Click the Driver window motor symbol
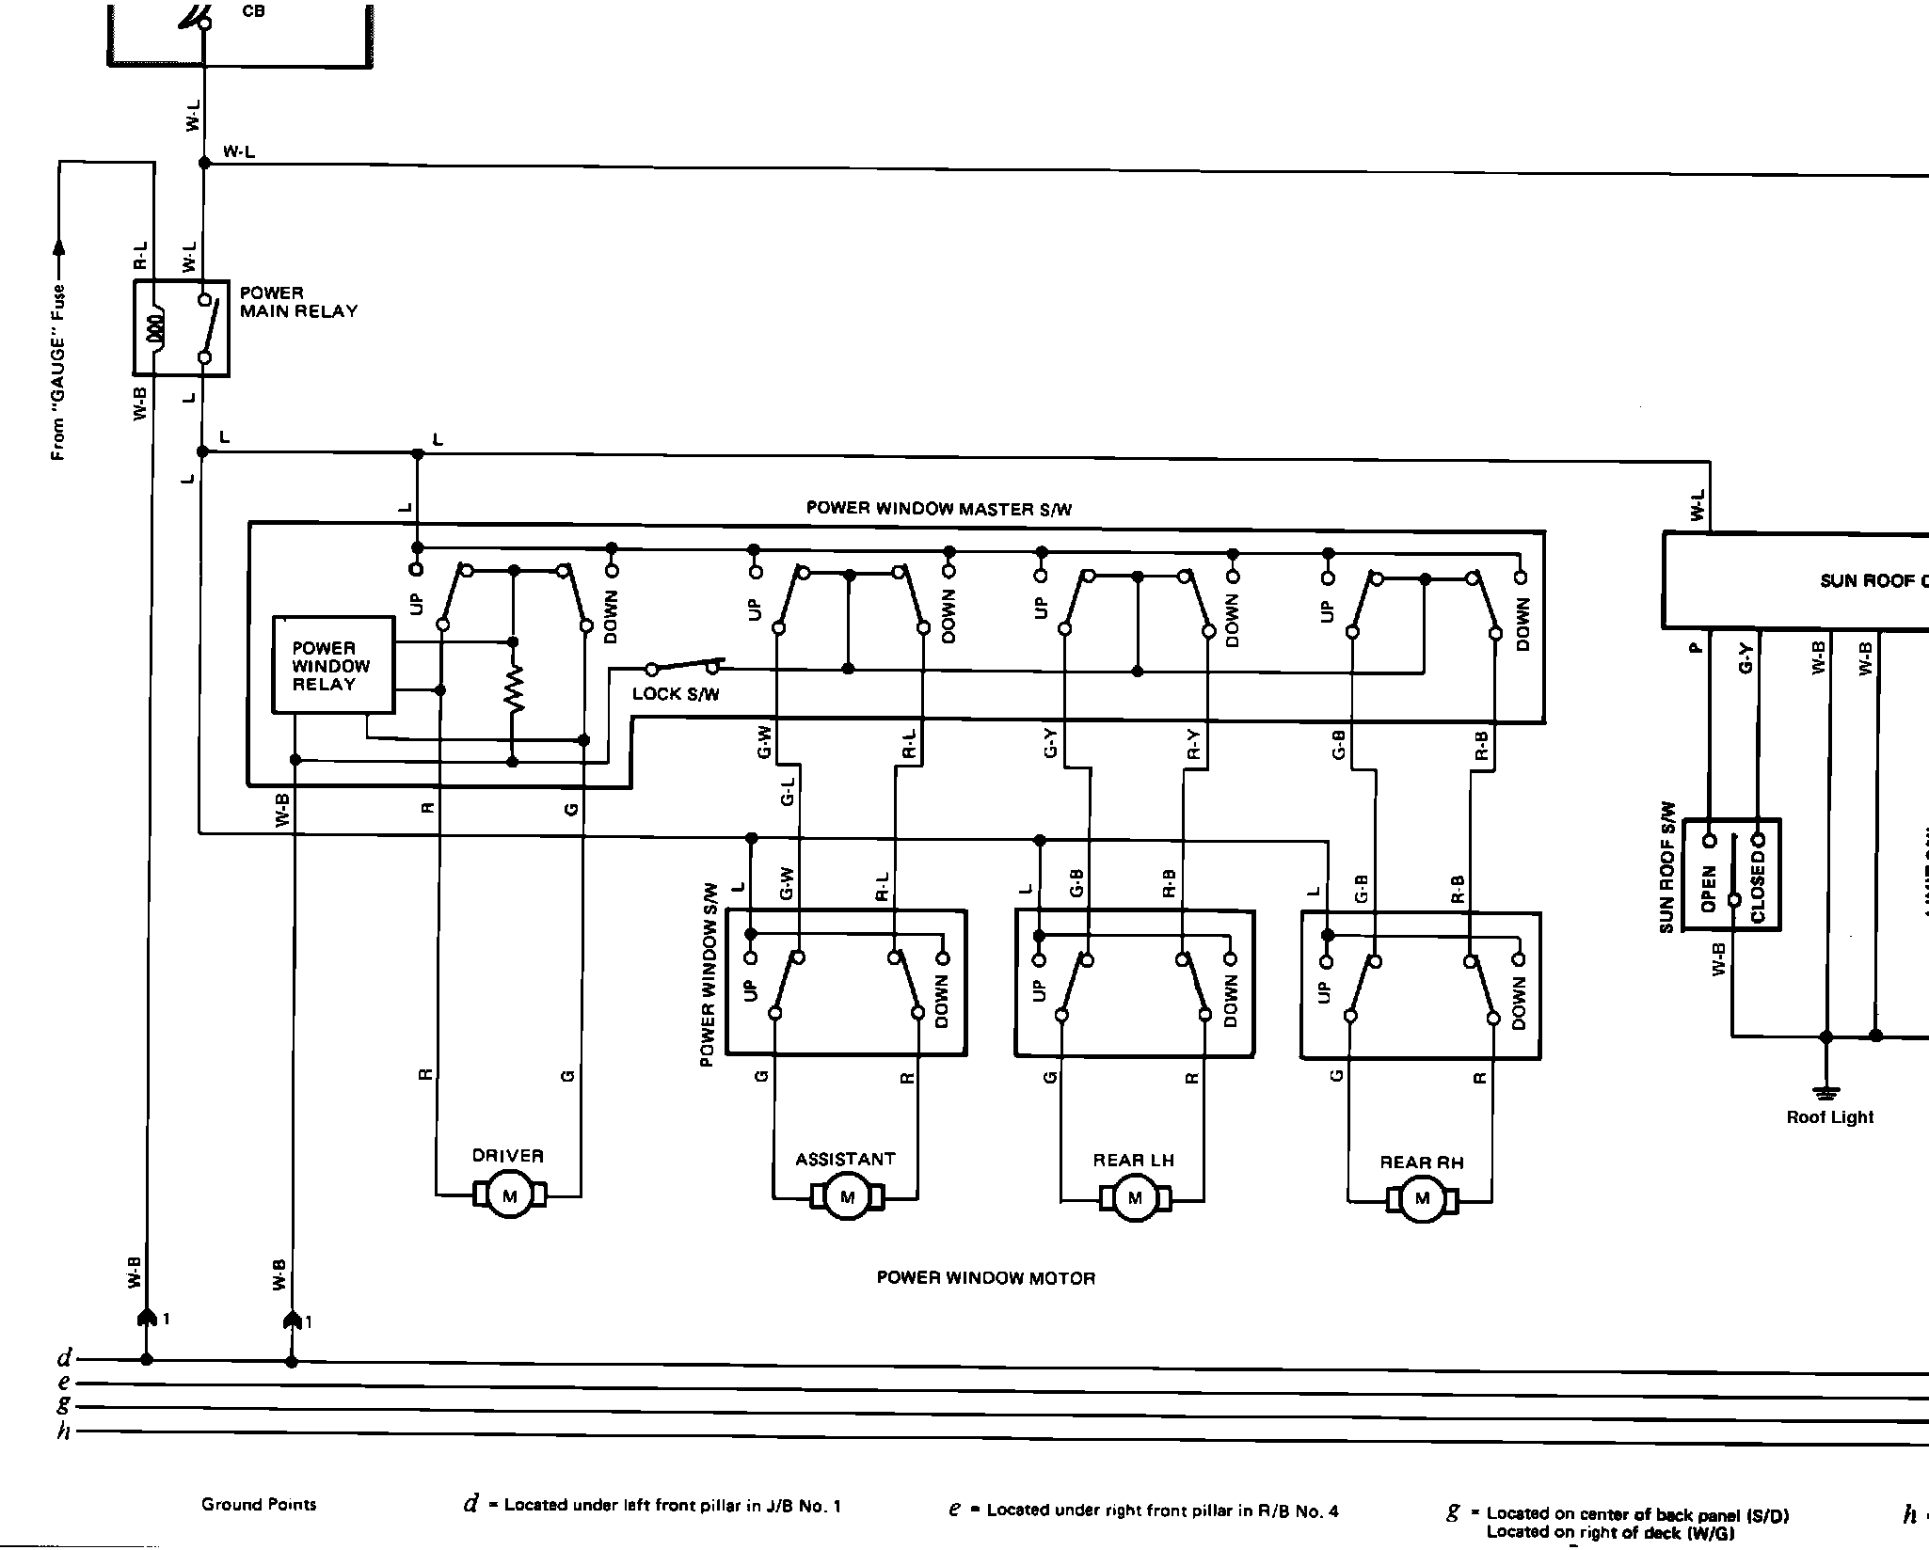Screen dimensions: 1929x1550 pos(510,1196)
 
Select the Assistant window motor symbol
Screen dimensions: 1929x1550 pos(847,1197)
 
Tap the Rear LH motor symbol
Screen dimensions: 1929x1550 pos(1135,1198)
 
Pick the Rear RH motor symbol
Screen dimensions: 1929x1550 pos(1421,1199)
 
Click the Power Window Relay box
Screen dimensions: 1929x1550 pos(333,666)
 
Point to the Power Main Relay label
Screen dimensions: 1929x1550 pos(298,302)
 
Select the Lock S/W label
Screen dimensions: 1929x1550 pos(676,694)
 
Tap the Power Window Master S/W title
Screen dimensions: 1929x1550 pos(938,509)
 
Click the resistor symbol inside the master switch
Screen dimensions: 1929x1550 pos(513,690)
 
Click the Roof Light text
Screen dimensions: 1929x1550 pos(1829,1117)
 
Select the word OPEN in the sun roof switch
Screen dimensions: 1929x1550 pos(1710,889)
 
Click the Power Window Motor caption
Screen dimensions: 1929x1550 pos(985,1278)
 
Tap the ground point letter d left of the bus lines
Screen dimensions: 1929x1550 pos(64,1359)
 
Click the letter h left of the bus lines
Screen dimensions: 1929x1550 pos(64,1431)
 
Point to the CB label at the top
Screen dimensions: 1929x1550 pos(253,11)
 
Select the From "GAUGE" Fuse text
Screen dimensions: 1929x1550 pos(58,372)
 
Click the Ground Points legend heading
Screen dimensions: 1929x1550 pos(259,1504)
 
